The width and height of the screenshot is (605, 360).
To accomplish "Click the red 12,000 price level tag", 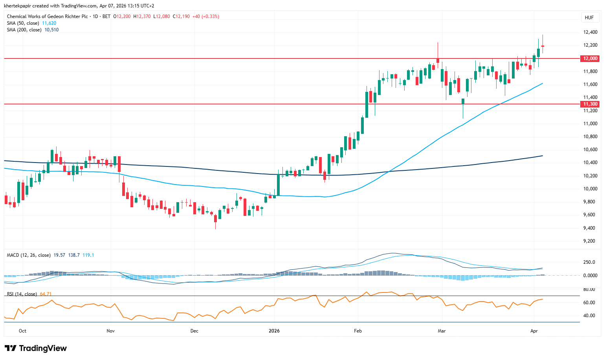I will (x=590, y=58).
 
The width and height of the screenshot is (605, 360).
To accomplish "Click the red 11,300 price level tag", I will (x=590, y=104).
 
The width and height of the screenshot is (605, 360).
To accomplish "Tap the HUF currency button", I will (x=589, y=18).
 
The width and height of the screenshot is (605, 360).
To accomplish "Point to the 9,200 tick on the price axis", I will (x=590, y=241).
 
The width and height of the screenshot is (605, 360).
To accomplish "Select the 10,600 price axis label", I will (x=590, y=150).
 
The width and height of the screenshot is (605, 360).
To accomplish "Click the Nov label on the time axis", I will (x=110, y=331).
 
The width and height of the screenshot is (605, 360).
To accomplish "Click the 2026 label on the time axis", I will (x=274, y=331).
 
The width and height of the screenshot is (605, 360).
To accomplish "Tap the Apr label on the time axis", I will (x=534, y=331).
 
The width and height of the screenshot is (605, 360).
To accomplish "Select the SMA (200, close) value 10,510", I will (x=51, y=30).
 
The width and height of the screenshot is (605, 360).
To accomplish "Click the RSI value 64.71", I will (x=46, y=294).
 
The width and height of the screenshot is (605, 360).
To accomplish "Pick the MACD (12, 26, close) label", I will (x=29, y=255).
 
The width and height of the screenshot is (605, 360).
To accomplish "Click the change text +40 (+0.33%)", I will (x=205, y=16).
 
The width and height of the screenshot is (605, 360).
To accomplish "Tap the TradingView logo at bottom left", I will (x=36, y=348).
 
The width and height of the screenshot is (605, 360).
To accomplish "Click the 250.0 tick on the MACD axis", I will (x=589, y=262).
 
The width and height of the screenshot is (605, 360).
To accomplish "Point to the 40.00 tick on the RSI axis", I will (x=589, y=316).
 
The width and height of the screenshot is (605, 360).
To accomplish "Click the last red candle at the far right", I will (x=543, y=46).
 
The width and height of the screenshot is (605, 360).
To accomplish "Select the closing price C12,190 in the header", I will (x=181, y=16).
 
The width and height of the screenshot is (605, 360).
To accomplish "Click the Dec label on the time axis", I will (x=194, y=331).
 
